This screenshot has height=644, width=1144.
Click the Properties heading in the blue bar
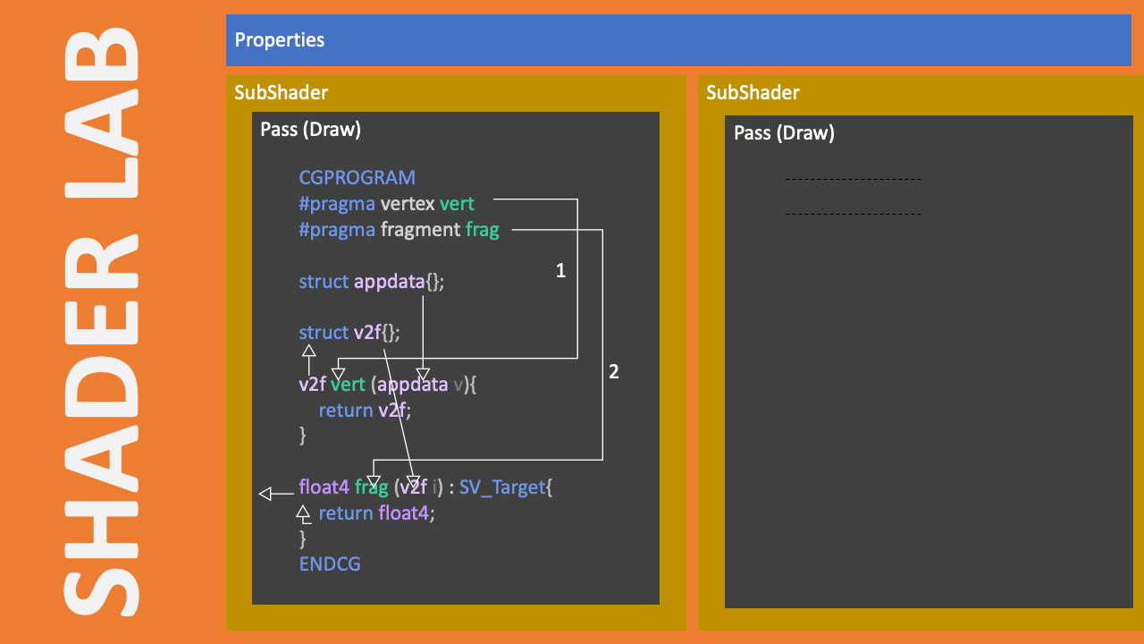tap(280, 40)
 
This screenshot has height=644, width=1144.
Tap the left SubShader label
tap(281, 92)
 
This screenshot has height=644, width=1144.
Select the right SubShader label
tap(753, 92)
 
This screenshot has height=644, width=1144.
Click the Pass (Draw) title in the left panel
tap(310, 130)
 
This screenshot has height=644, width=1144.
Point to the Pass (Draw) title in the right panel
tap(784, 133)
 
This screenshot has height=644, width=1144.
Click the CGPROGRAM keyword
tap(357, 177)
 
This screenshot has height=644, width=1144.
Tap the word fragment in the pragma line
tap(421, 230)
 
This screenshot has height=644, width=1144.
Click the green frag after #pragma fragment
tap(482, 230)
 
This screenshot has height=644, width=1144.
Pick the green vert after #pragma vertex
tap(457, 203)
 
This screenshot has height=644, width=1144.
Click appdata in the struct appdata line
tap(389, 282)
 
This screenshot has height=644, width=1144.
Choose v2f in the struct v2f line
tap(367, 333)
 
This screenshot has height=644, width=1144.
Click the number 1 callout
tap(560, 270)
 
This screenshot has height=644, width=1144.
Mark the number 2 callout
tap(614, 371)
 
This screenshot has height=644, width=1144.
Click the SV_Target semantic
tap(502, 487)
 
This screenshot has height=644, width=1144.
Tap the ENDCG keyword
tap(330, 564)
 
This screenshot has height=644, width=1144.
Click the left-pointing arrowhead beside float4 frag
tap(265, 494)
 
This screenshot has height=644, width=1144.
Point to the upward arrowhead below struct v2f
tap(309, 350)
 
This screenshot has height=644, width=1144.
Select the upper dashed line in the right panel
tap(854, 180)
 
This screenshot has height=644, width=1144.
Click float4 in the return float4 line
tap(403, 513)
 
